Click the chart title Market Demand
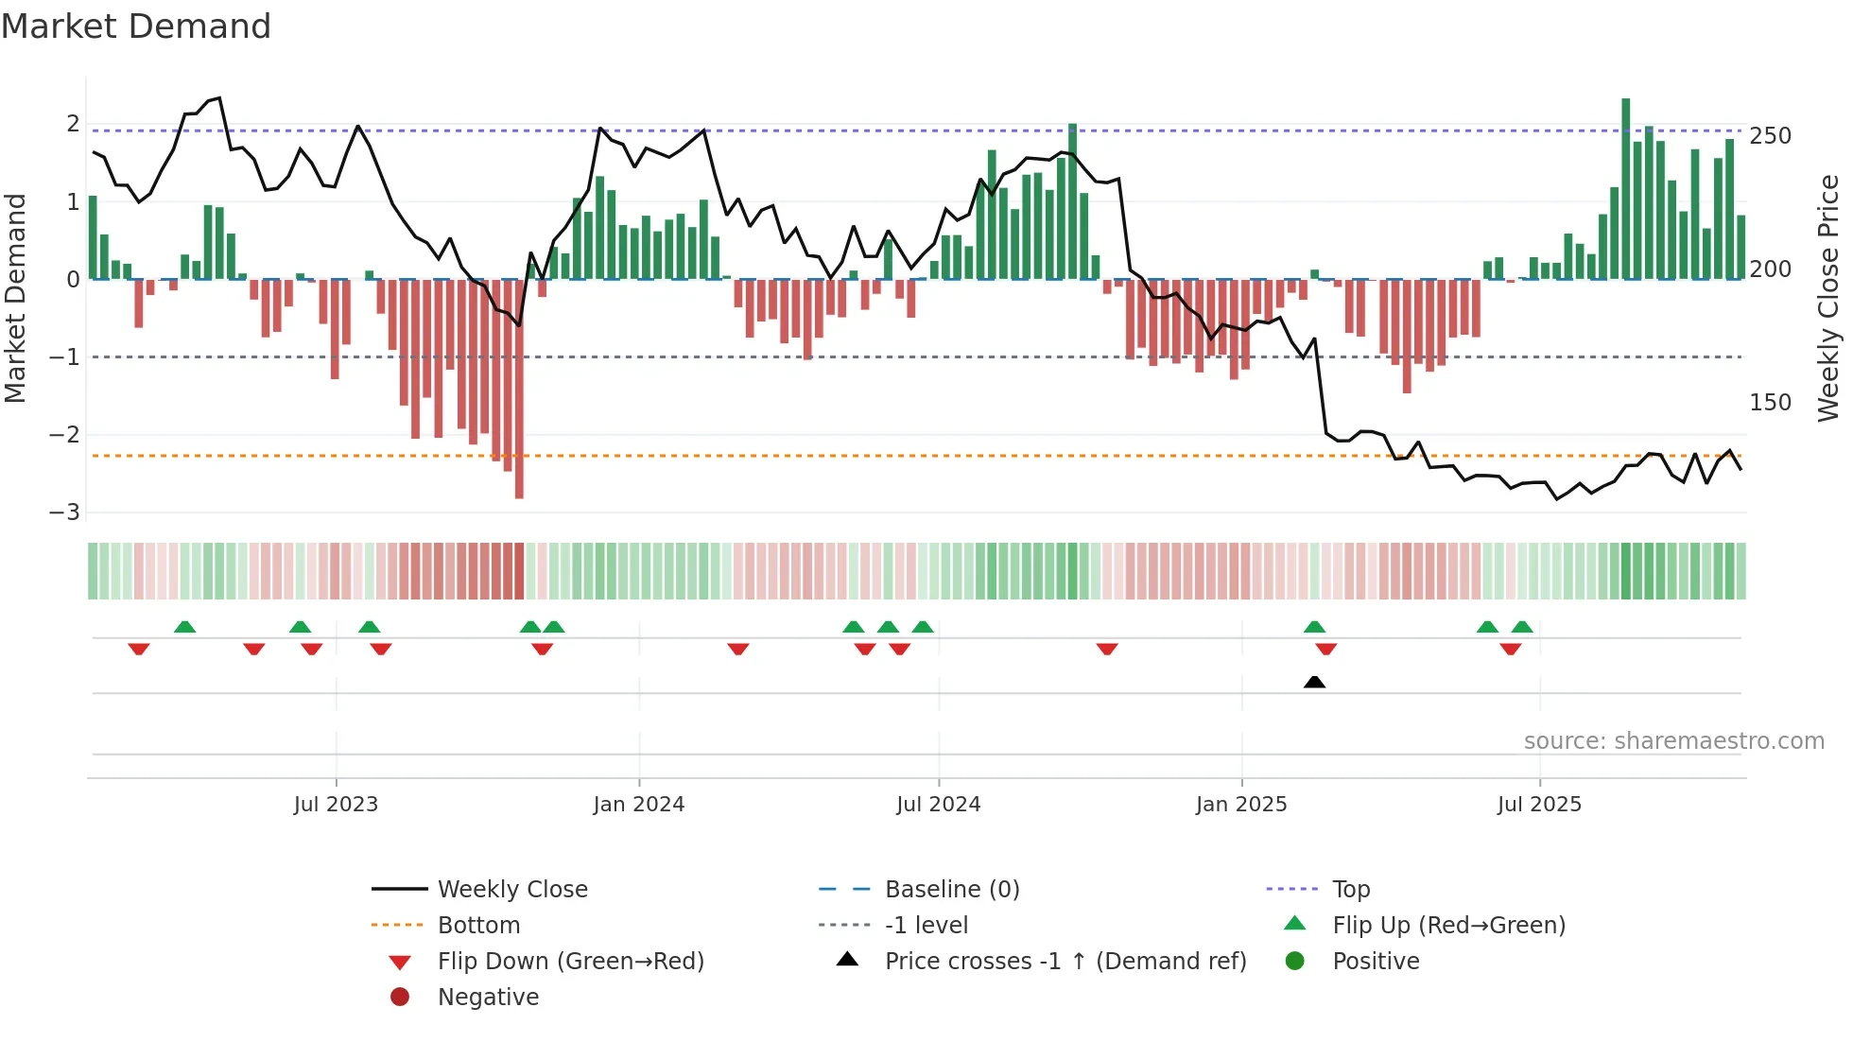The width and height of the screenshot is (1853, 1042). (x=136, y=26)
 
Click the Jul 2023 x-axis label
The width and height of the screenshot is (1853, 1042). (x=336, y=805)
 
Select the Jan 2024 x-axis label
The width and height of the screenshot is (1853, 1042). (x=639, y=805)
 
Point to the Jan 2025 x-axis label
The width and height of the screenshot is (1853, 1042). (x=1241, y=805)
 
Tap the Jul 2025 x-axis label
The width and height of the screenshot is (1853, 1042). (x=1539, y=805)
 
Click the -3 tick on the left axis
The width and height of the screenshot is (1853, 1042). (x=65, y=512)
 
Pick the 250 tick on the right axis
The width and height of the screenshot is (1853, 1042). (x=1770, y=136)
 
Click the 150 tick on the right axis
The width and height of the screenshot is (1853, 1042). (x=1770, y=403)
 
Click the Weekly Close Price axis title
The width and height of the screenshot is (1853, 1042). (x=1828, y=298)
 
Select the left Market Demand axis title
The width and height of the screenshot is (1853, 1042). (x=16, y=298)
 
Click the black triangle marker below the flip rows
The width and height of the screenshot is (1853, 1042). (x=1314, y=682)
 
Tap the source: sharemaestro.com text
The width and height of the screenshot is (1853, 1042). (x=1673, y=741)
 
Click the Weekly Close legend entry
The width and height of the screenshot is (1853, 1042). (x=511, y=890)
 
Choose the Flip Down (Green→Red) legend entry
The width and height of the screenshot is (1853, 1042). (x=570, y=962)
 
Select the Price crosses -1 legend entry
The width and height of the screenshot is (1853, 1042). (x=1065, y=962)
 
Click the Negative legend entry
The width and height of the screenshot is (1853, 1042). (x=488, y=998)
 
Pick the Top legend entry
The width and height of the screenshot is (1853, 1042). (x=1351, y=890)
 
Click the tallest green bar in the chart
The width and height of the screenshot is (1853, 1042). (x=1626, y=189)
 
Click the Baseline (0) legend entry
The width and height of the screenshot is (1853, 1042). (x=951, y=890)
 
